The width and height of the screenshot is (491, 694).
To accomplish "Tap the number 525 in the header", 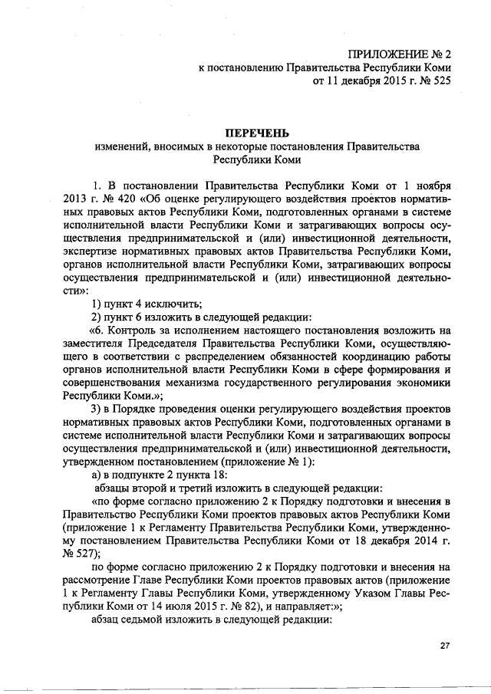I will (x=435, y=80).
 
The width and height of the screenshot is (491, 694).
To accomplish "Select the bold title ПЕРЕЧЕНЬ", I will (x=257, y=132).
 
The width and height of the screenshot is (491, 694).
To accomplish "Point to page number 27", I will (x=445, y=646).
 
